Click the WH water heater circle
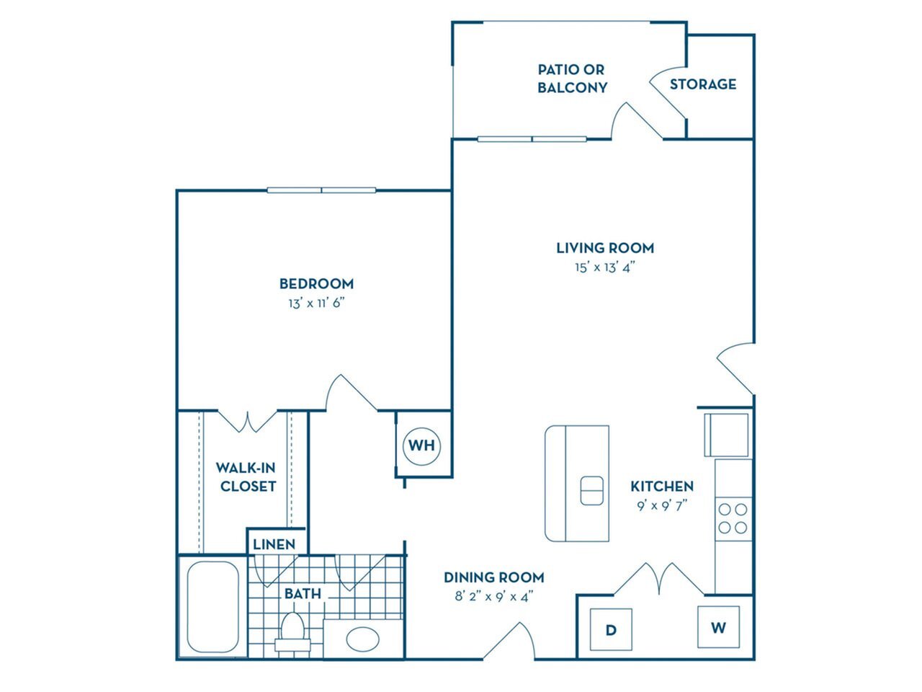[421, 445]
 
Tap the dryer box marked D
[611, 629]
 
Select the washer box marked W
[718, 627]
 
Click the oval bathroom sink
[362, 639]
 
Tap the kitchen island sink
[592, 491]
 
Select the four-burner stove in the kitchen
[733, 518]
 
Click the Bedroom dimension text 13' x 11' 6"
[316, 303]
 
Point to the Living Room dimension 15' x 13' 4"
[604, 267]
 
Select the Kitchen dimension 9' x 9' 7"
[661, 505]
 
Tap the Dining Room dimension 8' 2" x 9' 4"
[493, 596]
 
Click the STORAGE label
[703, 84]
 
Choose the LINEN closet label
[274, 544]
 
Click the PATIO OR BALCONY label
[572, 79]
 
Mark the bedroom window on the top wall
[322, 190]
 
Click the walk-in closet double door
[247, 421]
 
